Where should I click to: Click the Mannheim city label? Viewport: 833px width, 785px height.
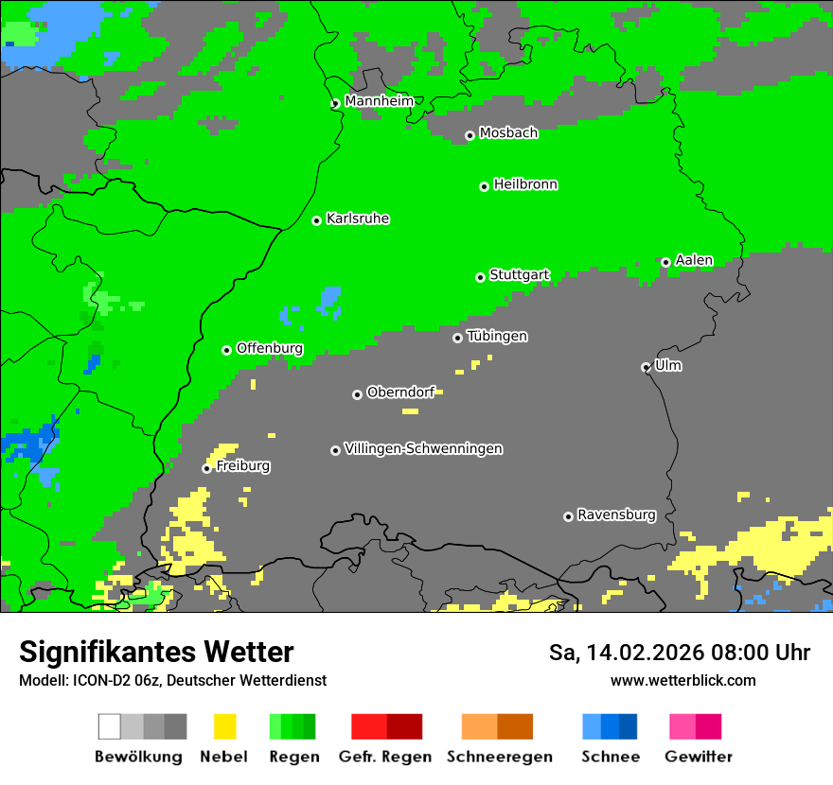pos(379,101)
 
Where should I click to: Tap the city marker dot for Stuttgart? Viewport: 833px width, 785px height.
pos(480,277)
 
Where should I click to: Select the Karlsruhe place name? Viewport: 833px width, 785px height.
pos(357,218)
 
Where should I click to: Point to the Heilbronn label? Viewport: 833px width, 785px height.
pos(525,184)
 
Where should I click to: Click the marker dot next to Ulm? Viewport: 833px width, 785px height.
pos(646,367)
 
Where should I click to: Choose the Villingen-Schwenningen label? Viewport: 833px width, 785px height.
pos(423,448)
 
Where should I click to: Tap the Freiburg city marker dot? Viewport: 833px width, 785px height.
pos(206,468)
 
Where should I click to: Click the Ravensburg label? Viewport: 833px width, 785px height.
pos(616,515)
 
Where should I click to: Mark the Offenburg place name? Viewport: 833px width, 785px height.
pos(269,348)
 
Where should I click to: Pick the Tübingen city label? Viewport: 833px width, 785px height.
pos(497,336)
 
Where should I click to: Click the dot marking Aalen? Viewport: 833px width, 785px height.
pos(665,262)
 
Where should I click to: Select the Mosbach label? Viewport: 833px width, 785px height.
pos(508,133)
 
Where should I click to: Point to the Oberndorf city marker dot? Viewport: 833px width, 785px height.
pos(357,394)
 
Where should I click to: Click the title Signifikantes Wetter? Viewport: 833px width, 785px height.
pos(156,652)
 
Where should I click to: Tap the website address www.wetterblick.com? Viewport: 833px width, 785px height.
pos(682,680)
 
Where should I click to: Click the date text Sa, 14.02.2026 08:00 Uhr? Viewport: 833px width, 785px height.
pos(679,653)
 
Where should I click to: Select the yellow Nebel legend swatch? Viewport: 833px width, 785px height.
pos(224,726)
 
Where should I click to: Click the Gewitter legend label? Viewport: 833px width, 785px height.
pos(698,757)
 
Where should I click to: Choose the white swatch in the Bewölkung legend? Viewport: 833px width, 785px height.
pos(110,726)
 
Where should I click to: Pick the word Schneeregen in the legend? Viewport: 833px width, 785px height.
pos(499,757)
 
